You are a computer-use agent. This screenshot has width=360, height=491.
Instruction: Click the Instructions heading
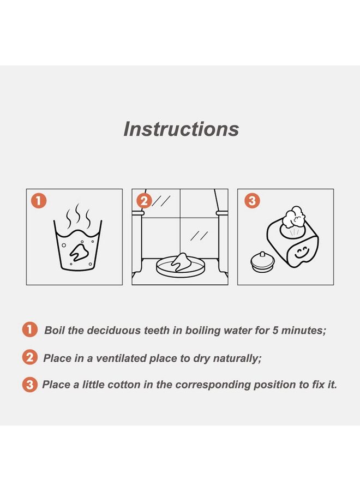point(181,129)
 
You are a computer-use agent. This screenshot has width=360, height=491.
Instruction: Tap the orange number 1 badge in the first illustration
point(39,201)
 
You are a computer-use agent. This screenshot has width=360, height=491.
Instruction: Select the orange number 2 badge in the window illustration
point(145,201)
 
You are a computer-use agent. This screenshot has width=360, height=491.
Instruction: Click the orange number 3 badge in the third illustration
point(252,201)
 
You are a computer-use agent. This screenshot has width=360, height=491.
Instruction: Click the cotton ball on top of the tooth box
point(293,217)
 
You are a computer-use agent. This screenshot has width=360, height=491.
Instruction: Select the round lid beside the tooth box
point(262,262)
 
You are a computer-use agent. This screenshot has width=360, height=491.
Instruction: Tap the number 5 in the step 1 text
point(275,331)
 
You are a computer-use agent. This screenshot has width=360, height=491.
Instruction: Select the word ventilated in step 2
point(121,358)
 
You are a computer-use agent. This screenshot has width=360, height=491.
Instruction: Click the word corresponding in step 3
point(213,385)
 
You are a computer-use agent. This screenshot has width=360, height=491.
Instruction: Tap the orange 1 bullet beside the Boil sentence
point(30,330)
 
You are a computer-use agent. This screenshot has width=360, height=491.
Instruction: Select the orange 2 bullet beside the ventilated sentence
point(30,357)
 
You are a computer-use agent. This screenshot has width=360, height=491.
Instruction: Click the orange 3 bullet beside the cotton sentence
point(30,384)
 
